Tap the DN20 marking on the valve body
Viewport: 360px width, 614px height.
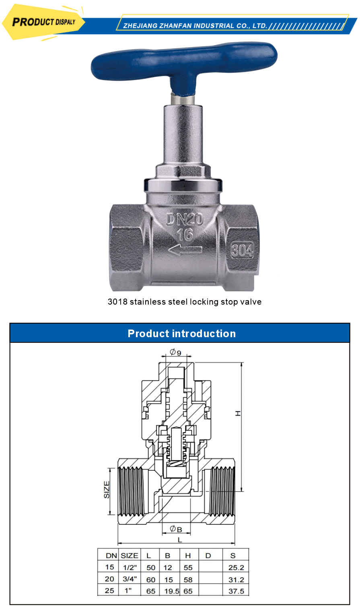[185, 219]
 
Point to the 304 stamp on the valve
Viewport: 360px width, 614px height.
[242, 250]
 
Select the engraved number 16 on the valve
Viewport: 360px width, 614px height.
[185, 234]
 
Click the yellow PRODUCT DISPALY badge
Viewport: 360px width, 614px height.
[43, 22]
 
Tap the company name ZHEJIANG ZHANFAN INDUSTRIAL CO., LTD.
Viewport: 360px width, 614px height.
[195, 26]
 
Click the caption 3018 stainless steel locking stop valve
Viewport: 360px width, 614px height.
[184, 302]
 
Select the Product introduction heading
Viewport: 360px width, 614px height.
[181, 334]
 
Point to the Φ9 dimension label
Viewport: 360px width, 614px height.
[175, 352]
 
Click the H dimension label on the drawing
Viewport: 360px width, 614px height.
[238, 413]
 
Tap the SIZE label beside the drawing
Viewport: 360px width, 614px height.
[107, 490]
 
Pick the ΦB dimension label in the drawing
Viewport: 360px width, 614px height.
[176, 529]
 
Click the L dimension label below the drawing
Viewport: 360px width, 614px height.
[179, 540]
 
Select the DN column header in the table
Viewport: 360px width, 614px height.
[111, 556]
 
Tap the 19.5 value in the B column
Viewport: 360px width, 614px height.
[171, 591]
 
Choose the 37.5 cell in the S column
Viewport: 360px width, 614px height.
[236, 591]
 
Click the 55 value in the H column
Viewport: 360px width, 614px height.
[188, 568]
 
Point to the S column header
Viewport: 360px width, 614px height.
[233, 556]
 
